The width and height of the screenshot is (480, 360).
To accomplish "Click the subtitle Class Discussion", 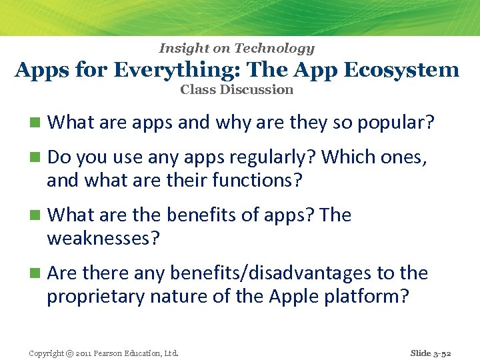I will coord(237,89).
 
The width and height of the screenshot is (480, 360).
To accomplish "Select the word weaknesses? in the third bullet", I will coord(103,238).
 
